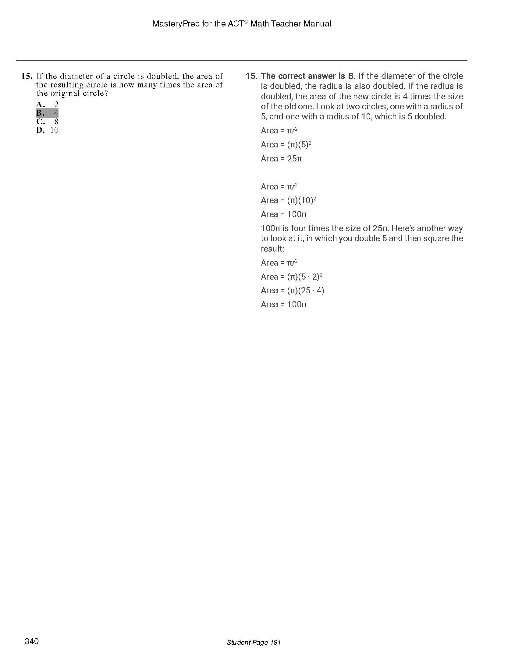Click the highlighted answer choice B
click(x=47, y=113)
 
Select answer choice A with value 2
click(x=47, y=105)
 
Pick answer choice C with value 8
click(x=47, y=122)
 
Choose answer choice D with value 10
click(x=47, y=130)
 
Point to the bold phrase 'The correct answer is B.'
click(x=308, y=76)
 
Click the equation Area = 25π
click(x=281, y=159)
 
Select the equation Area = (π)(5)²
click(x=286, y=145)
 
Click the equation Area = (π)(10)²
click(x=288, y=200)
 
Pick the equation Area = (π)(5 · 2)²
click(x=291, y=277)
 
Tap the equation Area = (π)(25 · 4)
click(x=292, y=291)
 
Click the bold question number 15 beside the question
click(x=27, y=76)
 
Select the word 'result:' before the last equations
click(x=272, y=249)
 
